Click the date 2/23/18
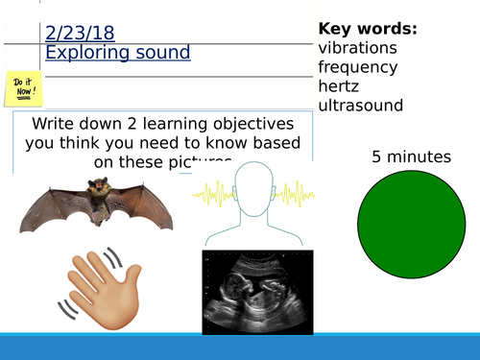click(80, 33)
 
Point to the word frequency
click(359, 67)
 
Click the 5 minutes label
click(412, 157)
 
